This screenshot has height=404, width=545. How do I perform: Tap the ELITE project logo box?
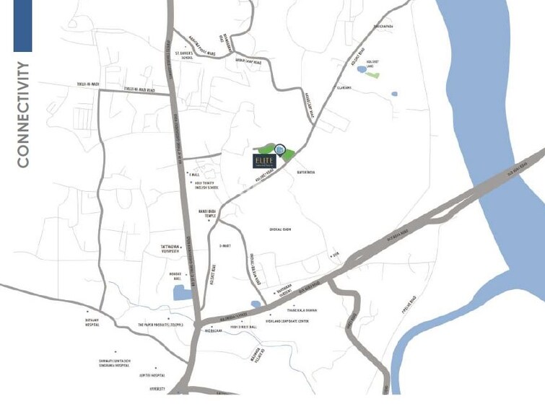pyautogui.click(x=264, y=161)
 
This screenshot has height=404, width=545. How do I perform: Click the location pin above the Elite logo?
pyautogui.click(x=280, y=148)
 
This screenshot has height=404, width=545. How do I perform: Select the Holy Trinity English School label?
pyautogui.click(x=206, y=185)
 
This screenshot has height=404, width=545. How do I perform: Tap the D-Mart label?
pyautogui.click(x=224, y=245)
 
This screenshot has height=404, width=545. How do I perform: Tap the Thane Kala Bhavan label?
pyautogui.click(x=302, y=310)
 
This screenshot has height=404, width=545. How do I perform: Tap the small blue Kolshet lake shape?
pyautogui.click(x=361, y=70)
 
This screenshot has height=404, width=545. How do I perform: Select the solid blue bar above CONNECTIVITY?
pyautogui.click(x=22, y=26)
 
